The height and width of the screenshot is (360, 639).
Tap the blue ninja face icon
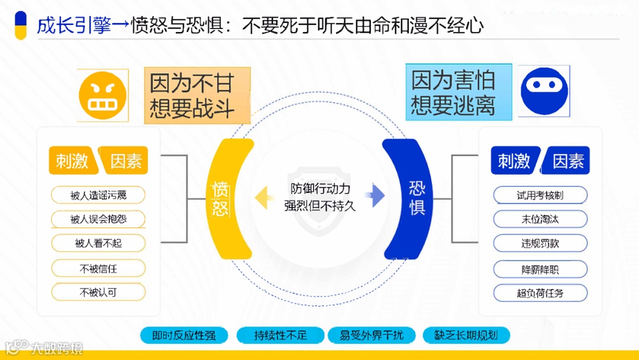pyautogui.click(x=544, y=91)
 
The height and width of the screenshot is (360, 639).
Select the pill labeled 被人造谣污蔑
pyautogui.click(x=98, y=195)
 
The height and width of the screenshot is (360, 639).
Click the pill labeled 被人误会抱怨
pyautogui.click(x=98, y=219)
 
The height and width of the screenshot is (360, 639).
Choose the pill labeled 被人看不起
pyautogui.click(x=98, y=243)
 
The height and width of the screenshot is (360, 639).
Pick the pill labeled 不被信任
pyautogui.click(x=98, y=268)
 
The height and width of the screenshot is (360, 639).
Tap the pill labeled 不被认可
pyautogui.click(x=98, y=292)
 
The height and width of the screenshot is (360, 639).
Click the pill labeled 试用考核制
pyautogui.click(x=540, y=195)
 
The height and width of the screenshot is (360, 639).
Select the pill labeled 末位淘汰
pyautogui.click(x=540, y=219)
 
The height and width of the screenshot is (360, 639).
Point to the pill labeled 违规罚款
pyautogui.click(x=540, y=243)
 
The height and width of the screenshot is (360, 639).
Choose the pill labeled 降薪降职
pyautogui.click(x=540, y=269)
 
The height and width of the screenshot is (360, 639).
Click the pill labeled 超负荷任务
pyautogui.click(x=540, y=293)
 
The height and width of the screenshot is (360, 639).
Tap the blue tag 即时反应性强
pyautogui.click(x=184, y=335)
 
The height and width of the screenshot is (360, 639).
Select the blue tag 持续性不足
pyautogui.click(x=280, y=335)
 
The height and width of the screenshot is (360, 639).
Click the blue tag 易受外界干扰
pyautogui.click(x=372, y=335)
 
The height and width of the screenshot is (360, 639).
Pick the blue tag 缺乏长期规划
pyautogui.click(x=466, y=335)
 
